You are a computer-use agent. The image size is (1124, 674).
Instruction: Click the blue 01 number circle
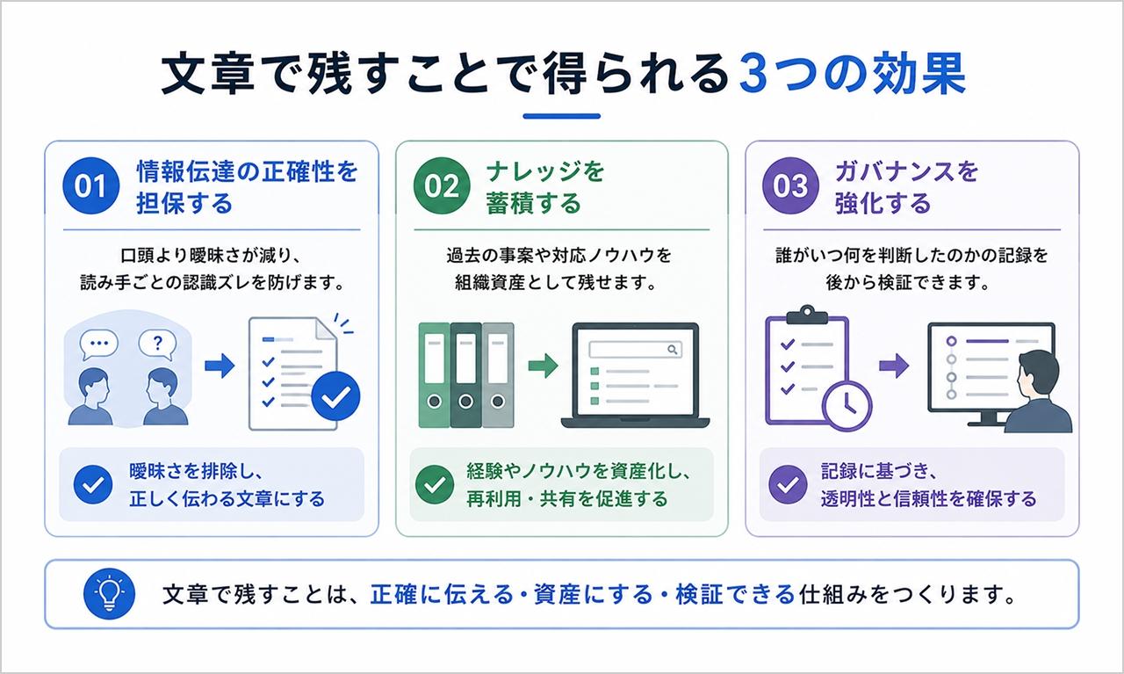pyautogui.click(x=90, y=185)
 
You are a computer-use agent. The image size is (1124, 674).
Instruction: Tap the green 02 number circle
pyautogui.click(x=442, y=185)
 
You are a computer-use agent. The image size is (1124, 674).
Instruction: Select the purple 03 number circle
pyautogui.click(x=790, y=185)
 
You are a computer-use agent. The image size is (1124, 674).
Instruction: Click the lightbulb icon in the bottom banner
pyautogui.click(x=109, y=594)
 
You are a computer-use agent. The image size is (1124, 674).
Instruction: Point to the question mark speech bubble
pyautogui.click(x=157, y=345)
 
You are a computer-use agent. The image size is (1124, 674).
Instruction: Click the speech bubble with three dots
pyautogui.click(x=99, y=345)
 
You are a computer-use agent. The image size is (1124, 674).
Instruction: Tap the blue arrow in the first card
pyautogui.click(x=220, y=366)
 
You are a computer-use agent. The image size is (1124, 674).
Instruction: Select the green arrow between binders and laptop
pyautogui.click(x=543, y=366)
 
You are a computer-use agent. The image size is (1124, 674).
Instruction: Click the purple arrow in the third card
pyautogui.click(x=894, y=366)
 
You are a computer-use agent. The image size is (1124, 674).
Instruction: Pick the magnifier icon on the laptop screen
pyautogui.click(x=673, y=350)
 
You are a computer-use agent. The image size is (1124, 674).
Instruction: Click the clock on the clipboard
pyautogui.click(x=847, y=405)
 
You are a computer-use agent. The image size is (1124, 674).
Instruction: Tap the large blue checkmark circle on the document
pyautogui.click(x=335, y=397)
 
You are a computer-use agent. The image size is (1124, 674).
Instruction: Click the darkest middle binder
pyautogui.click(x=465, y=375)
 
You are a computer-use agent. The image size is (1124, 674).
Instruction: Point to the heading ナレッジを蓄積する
pyautogui.click(x=545, y=187)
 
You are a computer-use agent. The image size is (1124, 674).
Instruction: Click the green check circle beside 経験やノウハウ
pyautogui.click(x=435, y=485)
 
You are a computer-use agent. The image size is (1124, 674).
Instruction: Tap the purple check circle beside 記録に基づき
pyautogui.click(x=788, y=485)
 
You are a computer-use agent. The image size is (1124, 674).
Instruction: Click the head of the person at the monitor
pyautogui.click(x=1038, y=374)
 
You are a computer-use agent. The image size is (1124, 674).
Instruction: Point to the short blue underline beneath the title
pyautogui.click(x=561, y=116)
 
